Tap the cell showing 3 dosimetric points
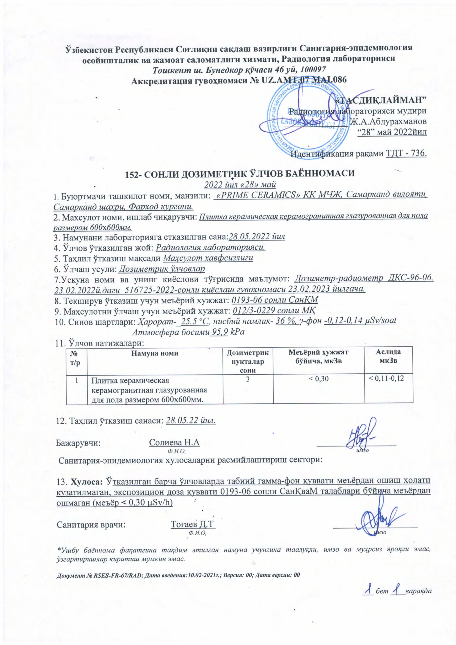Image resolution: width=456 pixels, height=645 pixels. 247,379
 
